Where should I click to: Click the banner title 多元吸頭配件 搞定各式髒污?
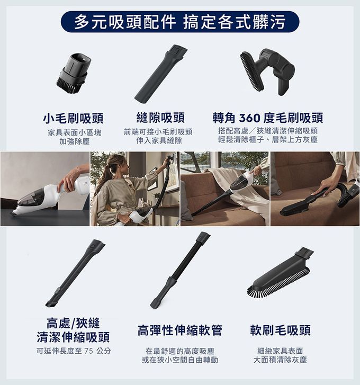[179, 21]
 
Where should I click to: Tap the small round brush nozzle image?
[73, 73]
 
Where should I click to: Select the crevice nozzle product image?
[160, 73]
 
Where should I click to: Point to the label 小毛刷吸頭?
[73, 118]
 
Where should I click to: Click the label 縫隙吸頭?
[160, 118]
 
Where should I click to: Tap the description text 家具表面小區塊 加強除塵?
[74, 137]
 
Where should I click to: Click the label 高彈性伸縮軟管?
[179, 330]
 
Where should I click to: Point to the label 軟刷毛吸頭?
[280, 330]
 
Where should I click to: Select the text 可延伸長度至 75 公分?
[74, 351]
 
